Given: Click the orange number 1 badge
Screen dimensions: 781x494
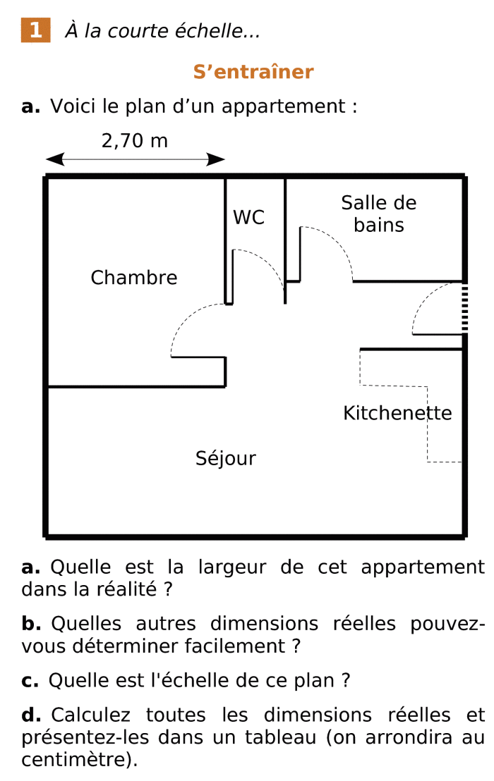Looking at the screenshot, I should [35, 31].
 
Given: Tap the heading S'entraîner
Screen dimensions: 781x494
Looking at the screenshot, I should [253, 72].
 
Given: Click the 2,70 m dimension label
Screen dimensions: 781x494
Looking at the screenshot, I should [135, 141].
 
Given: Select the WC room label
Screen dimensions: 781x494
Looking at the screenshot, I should [249, 218].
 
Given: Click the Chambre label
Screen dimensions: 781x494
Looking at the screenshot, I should [134, 278].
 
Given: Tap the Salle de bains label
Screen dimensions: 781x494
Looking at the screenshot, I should [379, 214].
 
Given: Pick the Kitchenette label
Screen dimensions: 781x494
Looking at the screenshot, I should [397, 413].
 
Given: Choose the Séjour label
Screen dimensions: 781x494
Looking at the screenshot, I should [226, 459].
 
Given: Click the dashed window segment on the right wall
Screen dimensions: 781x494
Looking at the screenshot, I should [464, 307].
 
